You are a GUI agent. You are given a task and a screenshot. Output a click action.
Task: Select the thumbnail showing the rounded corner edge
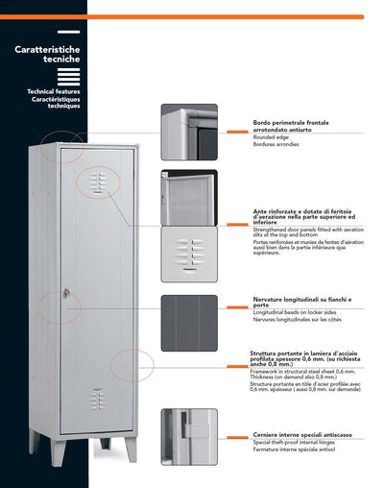point(189,133)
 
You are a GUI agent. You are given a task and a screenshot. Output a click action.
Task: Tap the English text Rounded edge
point(247,136)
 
